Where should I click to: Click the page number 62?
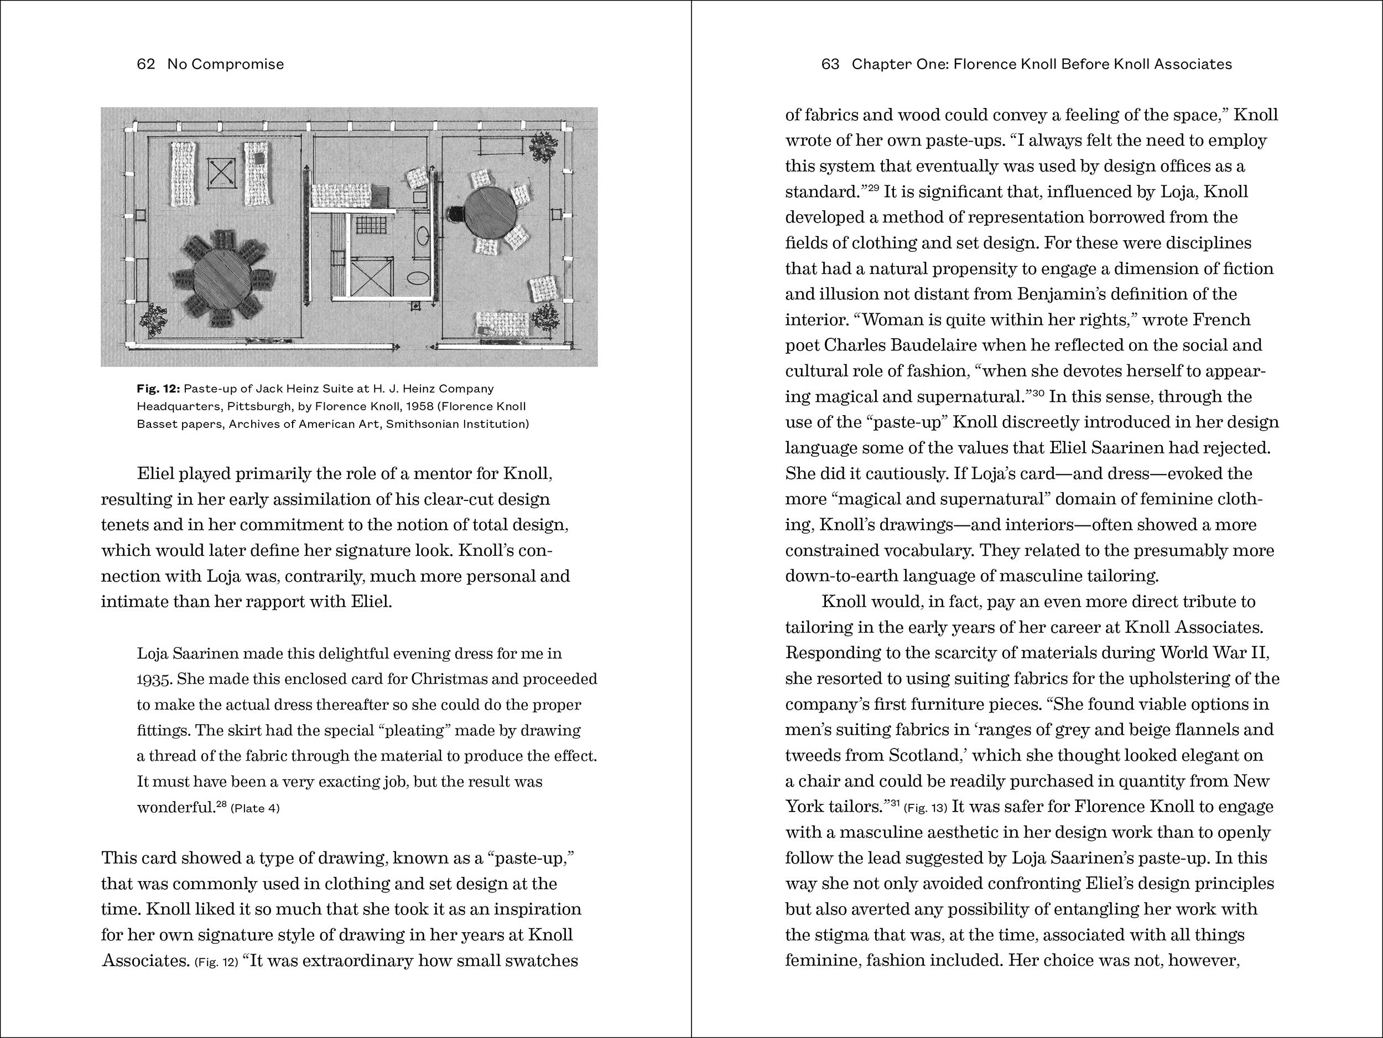[145, 64]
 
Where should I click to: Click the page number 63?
[830, 64]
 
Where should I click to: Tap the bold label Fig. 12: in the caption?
[158, 389]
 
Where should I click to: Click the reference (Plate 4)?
[255, 808]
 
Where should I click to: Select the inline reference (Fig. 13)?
[926, 808]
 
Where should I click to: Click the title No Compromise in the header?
[225, 64]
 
